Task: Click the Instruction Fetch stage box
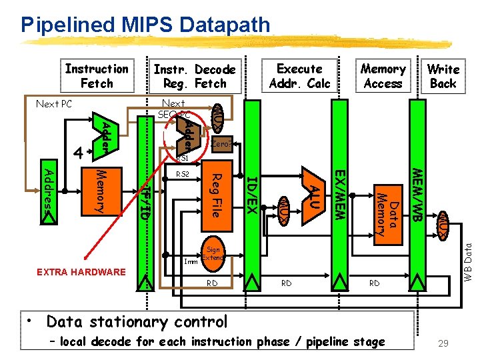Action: (97, 76)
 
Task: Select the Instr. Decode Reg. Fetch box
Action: (195, 77)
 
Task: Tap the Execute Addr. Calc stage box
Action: (299, 76)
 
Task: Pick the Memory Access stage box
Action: (383, 76)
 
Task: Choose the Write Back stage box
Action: (443, 76)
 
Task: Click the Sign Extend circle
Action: (213, 253)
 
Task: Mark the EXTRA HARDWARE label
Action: (81, 271)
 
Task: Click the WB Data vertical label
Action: (469, 259)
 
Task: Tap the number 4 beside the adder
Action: (79, 153)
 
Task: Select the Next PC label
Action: (53, 105)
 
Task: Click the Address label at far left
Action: (49, 189)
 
